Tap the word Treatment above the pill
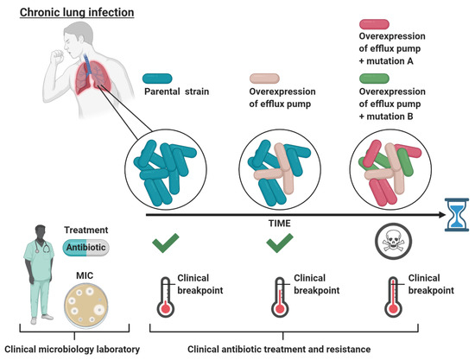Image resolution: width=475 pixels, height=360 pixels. (x=91, y=231)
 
